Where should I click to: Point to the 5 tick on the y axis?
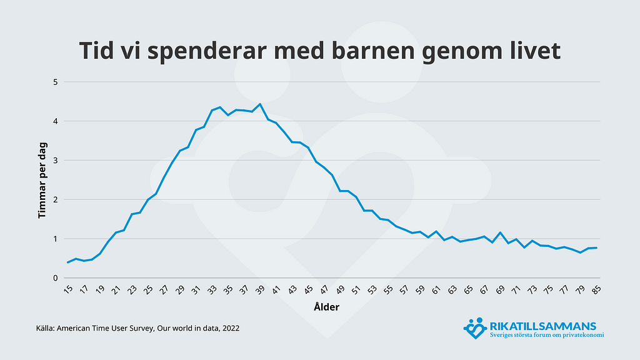pyautogui.click(x=55, y=82)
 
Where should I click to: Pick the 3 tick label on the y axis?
pyautogui.click(x=55, y=161)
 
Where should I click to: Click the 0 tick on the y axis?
pyautogui.click(x=55, y=278)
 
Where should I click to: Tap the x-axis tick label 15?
pyautogui.click(x=67, y=291)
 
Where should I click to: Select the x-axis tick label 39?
pyautogui.click(x=260, y=291)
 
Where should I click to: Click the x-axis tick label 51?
pyautogui.click(x=356, y=291)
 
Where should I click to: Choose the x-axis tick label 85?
pyautogui.click(x=597, y=291)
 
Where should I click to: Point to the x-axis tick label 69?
pyautogui.click(x=500, y=291)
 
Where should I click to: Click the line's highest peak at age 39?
pyautogui.click(x=260, y=104)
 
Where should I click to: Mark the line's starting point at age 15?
pyautogui.click(x=67, y=262)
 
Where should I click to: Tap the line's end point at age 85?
pyautogui.click(x=597, y=248)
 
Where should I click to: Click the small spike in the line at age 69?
pyautogui.click(x=501, y=232)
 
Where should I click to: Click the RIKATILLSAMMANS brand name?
pyautogui.click(x=544, y=326)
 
